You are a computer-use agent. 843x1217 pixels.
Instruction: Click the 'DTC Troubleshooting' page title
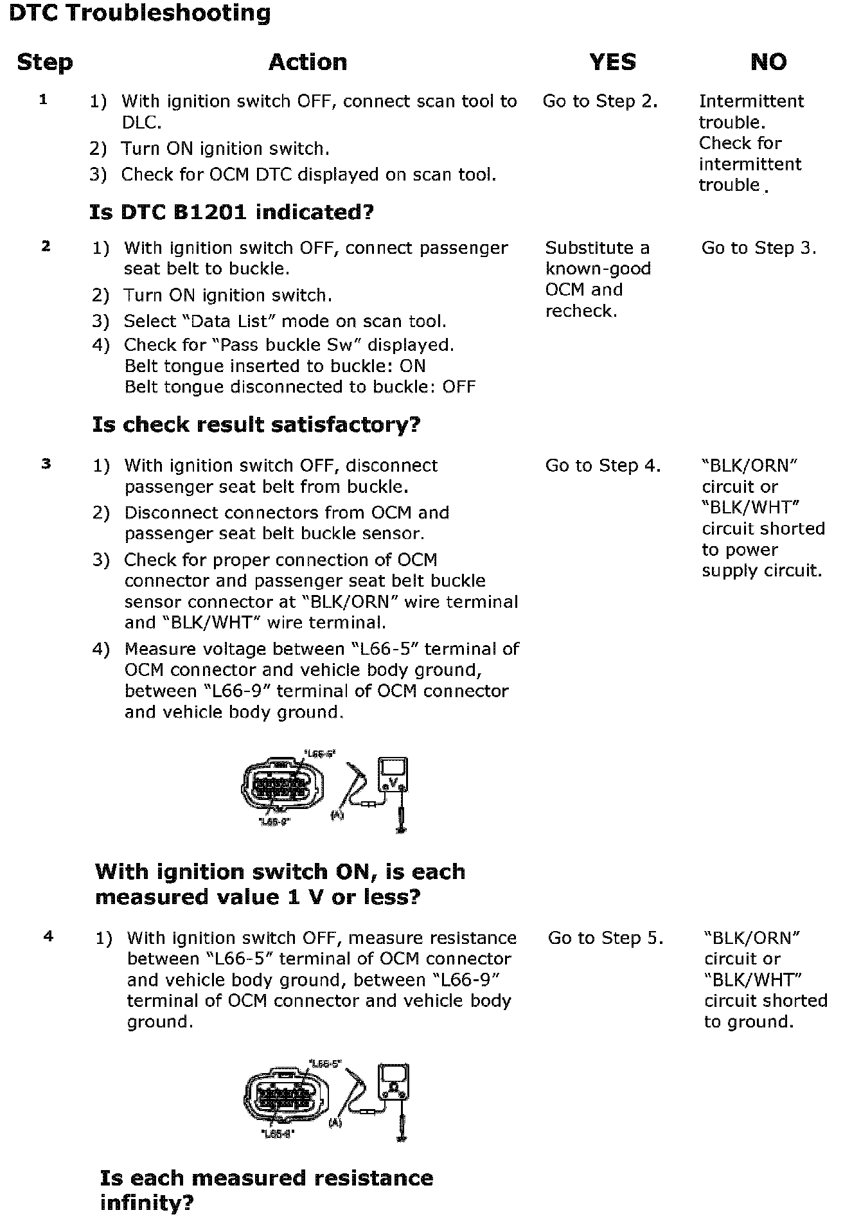[139, 13]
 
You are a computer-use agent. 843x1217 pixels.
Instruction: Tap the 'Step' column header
[45, 62]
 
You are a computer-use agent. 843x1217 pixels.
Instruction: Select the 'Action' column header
[308, 62]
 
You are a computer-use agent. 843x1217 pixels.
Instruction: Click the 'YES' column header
[612, 62]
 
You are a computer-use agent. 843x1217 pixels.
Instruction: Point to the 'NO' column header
[768, 62]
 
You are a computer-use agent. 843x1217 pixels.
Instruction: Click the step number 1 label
[43, 100]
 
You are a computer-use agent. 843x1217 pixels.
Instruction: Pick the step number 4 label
[48, 937]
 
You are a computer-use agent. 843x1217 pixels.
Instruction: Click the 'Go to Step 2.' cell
[599, 102]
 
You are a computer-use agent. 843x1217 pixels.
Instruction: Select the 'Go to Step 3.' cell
[758, 248]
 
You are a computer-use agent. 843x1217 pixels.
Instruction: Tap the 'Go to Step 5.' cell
[605, 938]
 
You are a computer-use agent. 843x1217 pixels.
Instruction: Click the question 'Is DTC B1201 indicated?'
[231, 212]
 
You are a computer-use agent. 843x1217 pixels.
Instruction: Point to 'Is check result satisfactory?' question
[256, 425]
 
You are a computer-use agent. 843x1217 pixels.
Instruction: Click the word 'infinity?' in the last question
[146, 1202]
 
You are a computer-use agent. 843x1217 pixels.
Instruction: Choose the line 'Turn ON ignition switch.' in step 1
[225, 148]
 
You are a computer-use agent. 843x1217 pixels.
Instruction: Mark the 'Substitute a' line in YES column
[597, 248]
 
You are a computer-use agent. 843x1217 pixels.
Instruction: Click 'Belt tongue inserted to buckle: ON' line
[274, 366]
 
